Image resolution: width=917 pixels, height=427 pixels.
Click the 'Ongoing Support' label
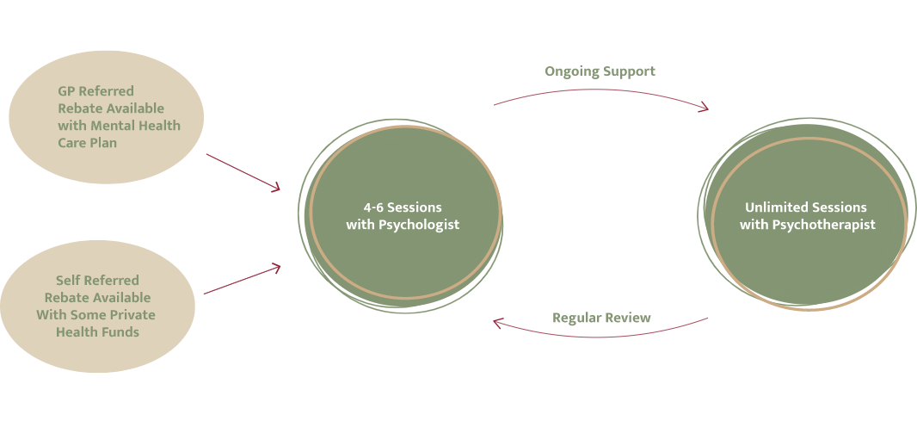click(x=600, y=71)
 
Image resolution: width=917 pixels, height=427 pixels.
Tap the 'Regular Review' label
click(x=601, y=318)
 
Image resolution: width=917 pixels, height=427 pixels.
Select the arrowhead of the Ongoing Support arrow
click(x=705, y=108)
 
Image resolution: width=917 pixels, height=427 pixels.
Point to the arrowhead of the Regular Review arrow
click(x=498, y=323)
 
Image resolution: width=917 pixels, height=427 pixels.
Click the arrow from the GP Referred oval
click(x=243, y=172)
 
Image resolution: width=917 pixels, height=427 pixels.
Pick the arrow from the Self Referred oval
click(x=243, y=281)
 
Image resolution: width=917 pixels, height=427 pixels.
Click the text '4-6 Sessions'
click(x=402, y=207)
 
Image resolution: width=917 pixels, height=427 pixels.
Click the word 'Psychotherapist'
click(x=832, y=225)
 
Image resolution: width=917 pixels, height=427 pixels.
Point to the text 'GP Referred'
click(x=95, y=91)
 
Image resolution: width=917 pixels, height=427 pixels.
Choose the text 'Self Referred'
click(x=97, y=281)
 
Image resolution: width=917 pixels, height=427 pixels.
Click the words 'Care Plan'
click(x=87, y=143)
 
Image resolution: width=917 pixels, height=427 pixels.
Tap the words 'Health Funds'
click(x=97, y=332)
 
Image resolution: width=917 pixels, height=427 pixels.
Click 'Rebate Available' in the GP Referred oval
click(x=110, y=108)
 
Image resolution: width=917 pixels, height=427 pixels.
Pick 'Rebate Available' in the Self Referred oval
click(x=97, y=298)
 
